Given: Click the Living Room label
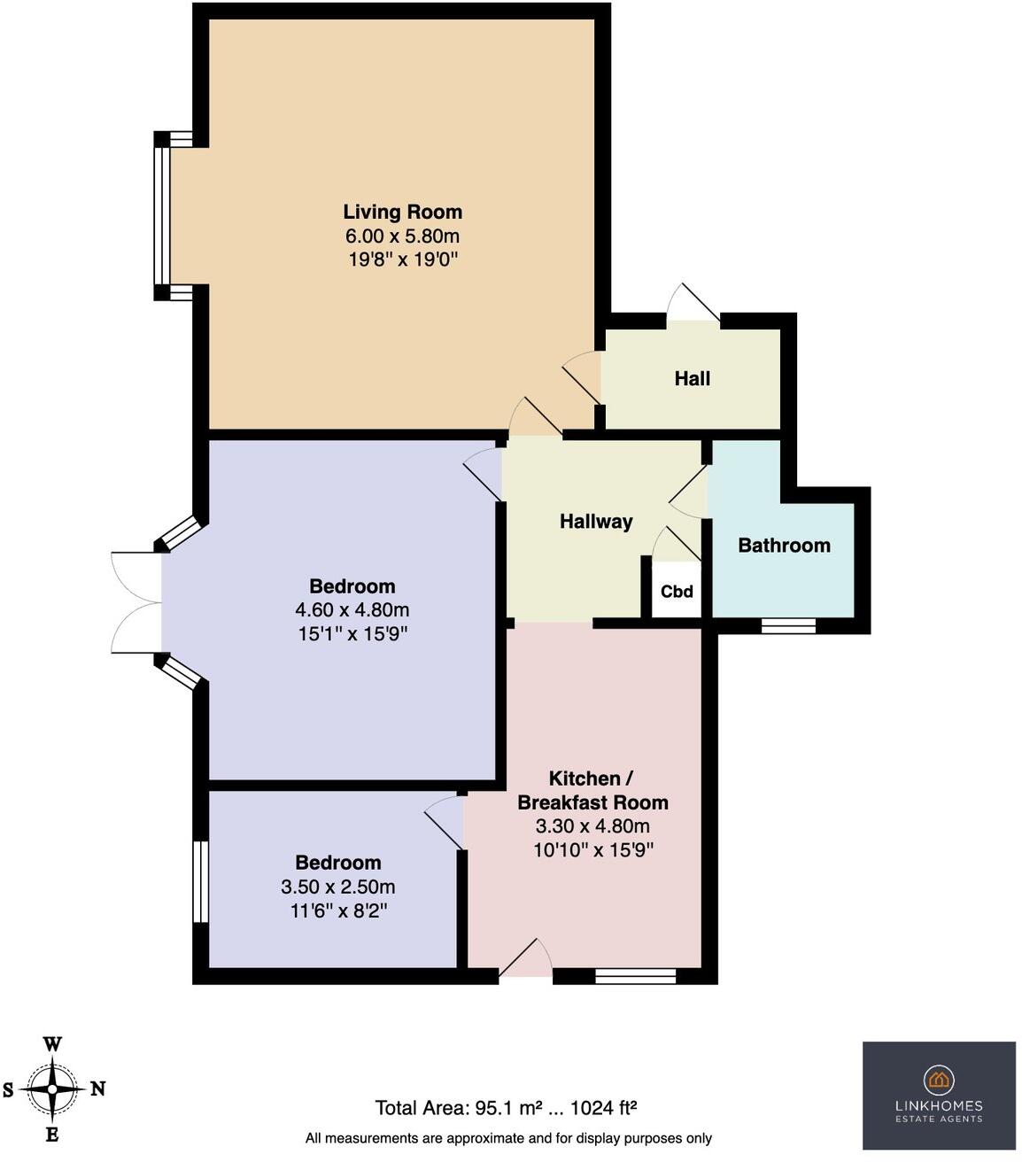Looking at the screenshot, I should click(402, 212).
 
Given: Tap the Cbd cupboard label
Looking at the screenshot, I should click(677, 592).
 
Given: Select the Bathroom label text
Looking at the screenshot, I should click(784, 545).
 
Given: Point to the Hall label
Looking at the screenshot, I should click(692, 378).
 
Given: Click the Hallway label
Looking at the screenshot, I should click(596, 521).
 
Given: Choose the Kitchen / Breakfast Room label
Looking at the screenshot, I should click(592, 790).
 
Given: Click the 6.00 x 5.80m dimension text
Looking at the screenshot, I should click(402, 236).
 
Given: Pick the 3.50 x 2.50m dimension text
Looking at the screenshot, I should click(337, 887).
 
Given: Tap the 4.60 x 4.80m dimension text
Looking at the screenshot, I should click(352, 610).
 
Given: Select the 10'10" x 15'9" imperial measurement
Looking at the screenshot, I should click(592, 850).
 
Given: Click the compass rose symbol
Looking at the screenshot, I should click(52, 1088).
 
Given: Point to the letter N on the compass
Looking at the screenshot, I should click(98, 1088).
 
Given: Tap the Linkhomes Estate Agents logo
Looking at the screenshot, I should click(939, 1095).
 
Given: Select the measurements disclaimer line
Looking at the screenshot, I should click(508, 1138).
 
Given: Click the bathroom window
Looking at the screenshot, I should click(788, 625).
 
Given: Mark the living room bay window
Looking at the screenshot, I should click(162, 216).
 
